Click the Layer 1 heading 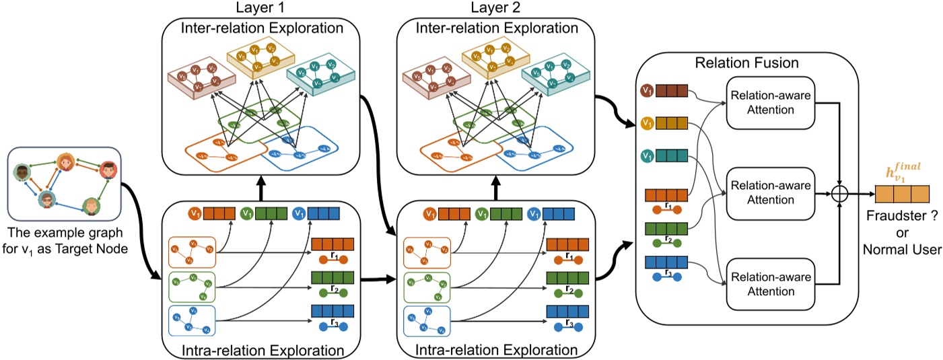pyautogui.click(x=262, y=9)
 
